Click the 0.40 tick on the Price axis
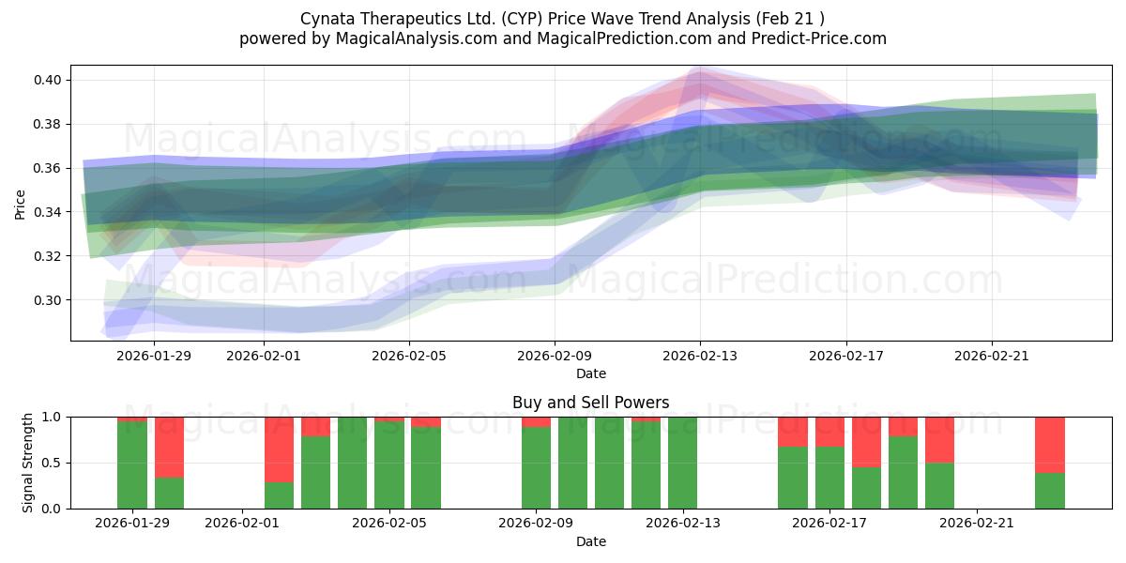click(x=49, y=80)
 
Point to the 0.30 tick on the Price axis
click(x=49, y=300)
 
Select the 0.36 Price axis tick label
click(x=49, y=168)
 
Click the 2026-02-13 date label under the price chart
click(x=700, y=356)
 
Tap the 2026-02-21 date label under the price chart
click(x=992, y=356)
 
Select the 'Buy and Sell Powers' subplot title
click(x=590, y=403)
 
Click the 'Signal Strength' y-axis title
click(x=28, y=463)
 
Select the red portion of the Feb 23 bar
click(x=1050, y=444)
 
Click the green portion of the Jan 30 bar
click(x=169, y=493)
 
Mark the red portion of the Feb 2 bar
click(x=279, y=449)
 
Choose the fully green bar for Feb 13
click(x=682, y=463)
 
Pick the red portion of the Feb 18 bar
click(x=866, y=441)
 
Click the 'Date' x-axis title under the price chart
click(x=590, y=373)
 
